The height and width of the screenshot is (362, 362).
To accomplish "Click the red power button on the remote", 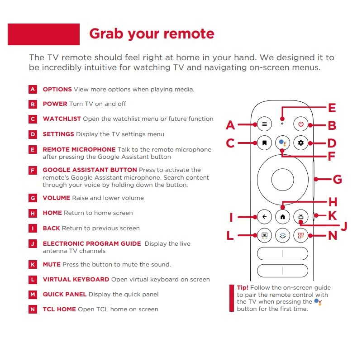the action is click(300, 124).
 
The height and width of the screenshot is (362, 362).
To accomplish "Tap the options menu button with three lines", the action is click(264, 124).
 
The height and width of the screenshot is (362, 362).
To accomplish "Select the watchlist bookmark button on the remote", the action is click(264, 143).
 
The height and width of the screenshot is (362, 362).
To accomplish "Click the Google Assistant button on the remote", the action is click(282, 143).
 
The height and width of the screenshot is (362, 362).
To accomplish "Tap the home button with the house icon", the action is click(282, 217).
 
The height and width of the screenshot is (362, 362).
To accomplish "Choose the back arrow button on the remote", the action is click(264, 217).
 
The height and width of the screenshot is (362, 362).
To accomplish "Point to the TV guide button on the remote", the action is click(300, 217).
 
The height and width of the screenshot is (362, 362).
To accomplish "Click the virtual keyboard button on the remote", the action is click(264, 235).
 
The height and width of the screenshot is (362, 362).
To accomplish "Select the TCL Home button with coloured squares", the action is click(300, 235).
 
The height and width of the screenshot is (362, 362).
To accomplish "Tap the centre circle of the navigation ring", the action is click(282, 180).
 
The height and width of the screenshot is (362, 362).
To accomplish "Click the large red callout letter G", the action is click(337, 179).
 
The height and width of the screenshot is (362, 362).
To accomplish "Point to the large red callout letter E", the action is click(332, 108).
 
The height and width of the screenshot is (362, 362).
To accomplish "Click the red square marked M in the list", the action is click(33, 295).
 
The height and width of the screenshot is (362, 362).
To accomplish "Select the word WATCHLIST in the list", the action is click(62, 119).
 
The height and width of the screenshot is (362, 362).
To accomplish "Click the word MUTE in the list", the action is click(52, 265).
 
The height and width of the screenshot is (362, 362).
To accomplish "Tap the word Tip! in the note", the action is click(243, 288).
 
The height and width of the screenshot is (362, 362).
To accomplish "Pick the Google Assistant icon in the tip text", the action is click(318, 302).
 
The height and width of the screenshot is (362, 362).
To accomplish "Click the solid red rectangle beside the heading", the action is click(43, 34).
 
